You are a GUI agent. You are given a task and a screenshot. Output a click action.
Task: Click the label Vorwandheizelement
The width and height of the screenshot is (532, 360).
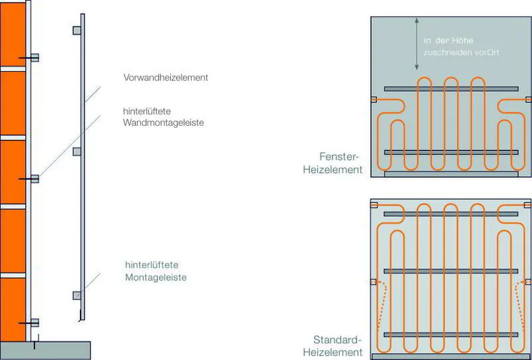pos(166,77)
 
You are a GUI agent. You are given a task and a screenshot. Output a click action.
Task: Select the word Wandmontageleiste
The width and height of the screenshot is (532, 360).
pos(163,123)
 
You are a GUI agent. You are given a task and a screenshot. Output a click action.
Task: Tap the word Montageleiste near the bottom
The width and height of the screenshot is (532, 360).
pos(156,277)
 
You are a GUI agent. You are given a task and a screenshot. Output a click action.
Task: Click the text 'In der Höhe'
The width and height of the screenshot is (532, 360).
pos(449,41)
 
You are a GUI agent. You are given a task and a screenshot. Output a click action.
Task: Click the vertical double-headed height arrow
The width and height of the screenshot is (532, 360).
pos(416,44)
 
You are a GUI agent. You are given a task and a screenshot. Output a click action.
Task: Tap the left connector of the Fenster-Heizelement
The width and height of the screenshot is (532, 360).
pos(373,100)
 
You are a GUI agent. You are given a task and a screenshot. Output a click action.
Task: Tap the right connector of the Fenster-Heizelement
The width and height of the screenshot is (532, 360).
pos(528,100)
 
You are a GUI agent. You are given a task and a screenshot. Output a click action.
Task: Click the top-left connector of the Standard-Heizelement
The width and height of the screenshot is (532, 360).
pos(374,205)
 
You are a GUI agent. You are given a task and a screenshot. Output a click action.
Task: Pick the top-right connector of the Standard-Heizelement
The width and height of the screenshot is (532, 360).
pos(527,205)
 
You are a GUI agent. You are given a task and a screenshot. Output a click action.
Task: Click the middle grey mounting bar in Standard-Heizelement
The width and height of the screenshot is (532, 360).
pos(451,270)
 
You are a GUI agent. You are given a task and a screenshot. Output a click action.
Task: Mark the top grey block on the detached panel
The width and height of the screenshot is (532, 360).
pos(77,31)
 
